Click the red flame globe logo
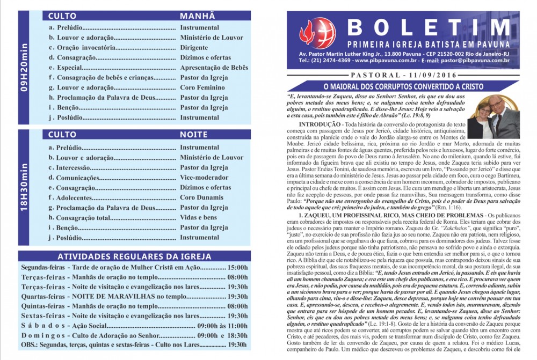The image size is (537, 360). pyautogui.click(x=317, y=33)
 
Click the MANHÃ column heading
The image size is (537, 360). pyautogui.click(x=198, y=16)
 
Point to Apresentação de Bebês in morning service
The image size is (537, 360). pyautogui.click(x=214, y=68)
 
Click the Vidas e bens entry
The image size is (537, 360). pyautogui.click(x=199, y=217)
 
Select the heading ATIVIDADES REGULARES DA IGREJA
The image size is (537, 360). pyautogui.click(x=134, y=256)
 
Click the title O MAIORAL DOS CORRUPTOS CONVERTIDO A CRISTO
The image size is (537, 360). pyautogui.click(x=403, y=87)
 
